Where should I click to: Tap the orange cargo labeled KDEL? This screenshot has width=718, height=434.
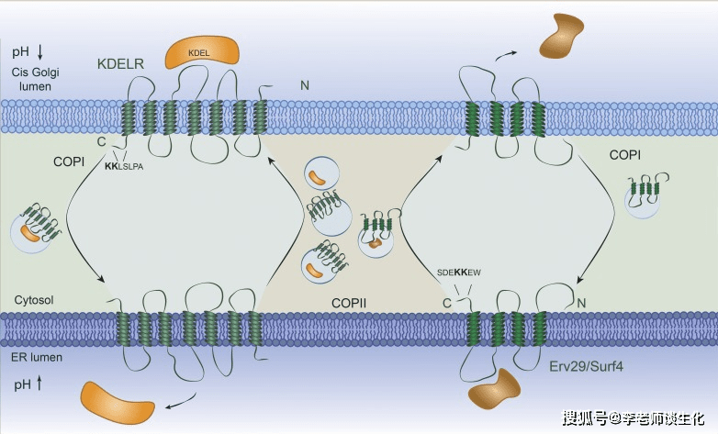coord(199,54)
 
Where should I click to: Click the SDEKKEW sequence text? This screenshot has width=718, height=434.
coord(459,273)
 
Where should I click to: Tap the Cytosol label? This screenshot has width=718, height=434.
coord(35,300)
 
